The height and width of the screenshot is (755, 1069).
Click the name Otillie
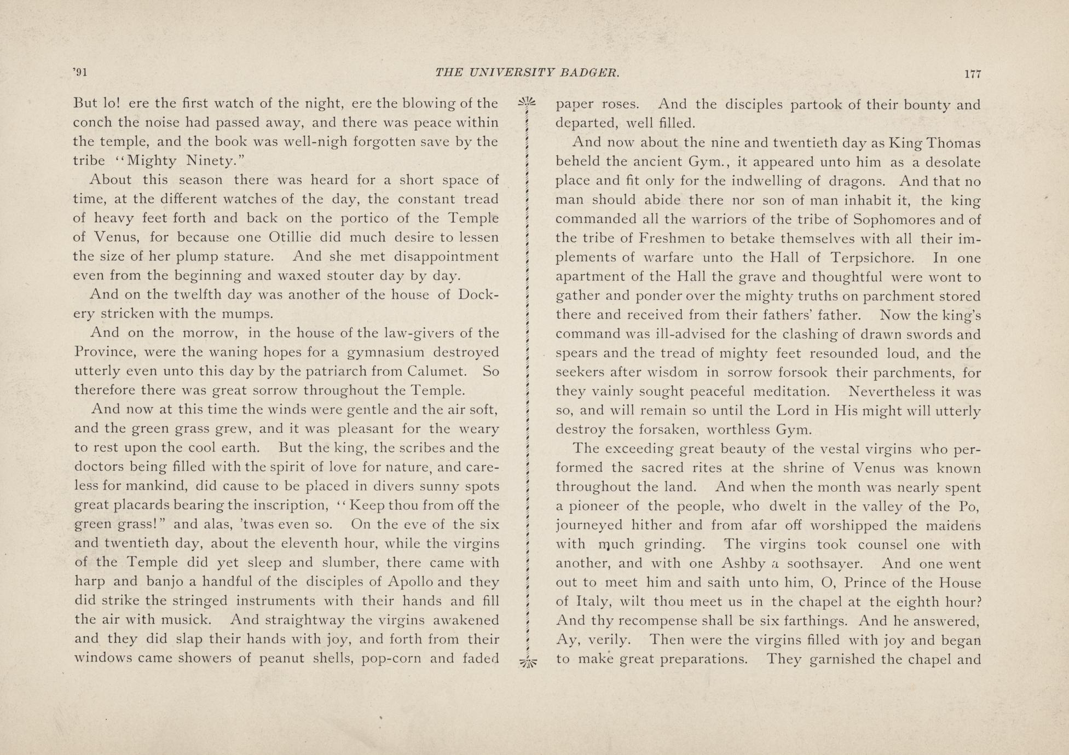point(291,238)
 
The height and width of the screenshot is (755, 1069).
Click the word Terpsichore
point(872,258)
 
